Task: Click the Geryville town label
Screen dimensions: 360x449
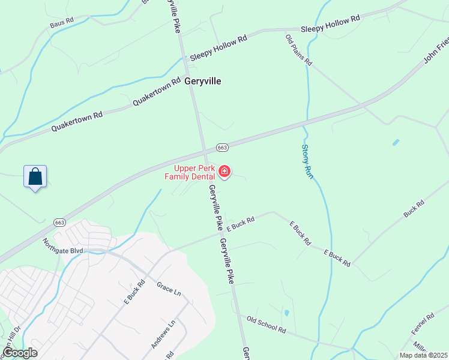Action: (203, 81)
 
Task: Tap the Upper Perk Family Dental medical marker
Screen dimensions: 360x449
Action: (224, 172)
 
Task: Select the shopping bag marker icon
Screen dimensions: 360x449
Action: (35, 177)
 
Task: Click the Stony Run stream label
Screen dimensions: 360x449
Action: (307, 163)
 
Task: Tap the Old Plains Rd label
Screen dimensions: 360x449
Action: (298, 50)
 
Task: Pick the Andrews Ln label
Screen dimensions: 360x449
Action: (163, 334)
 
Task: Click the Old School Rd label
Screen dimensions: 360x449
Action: (262, 323)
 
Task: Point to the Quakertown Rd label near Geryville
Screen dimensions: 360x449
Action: (157, 92)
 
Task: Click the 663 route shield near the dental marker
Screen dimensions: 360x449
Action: (221, 148)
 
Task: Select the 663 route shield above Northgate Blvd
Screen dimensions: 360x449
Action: (59, 221)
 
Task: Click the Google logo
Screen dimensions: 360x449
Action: (20, 353)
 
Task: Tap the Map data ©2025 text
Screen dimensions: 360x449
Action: (423, 355)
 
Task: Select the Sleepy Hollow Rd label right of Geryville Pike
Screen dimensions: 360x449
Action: (330, 23)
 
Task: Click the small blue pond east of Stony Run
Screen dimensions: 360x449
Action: (395, 143)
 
